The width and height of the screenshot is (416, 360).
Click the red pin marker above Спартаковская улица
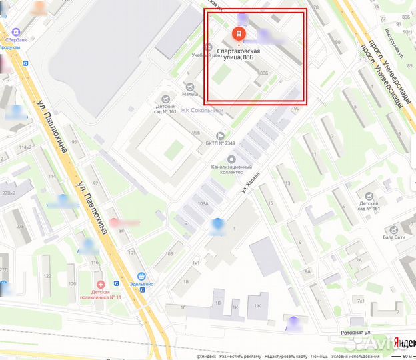click(x=238, y=33)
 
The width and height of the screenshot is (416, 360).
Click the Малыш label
click(x=192, y=94)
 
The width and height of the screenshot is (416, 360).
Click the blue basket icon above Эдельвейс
click(x=141, y=277)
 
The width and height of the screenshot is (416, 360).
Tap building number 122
click(x=46, y=275)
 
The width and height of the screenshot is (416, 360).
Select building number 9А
click(x=307, y=271)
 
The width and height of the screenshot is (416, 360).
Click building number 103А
click(x=203, y=203)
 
